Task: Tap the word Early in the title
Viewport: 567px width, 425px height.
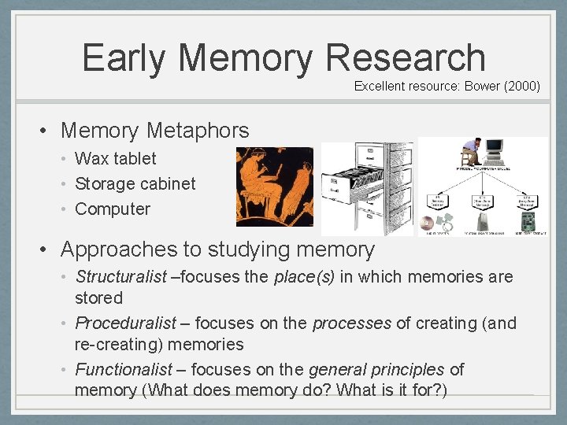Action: point(124,58)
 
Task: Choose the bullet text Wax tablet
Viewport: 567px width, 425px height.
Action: point(115,158)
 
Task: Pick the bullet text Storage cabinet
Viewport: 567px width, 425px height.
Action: point(135,183)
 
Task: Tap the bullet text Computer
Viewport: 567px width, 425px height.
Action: point(112,209)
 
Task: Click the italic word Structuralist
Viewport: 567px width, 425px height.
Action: point(120,277)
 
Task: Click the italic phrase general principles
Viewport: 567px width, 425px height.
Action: point(376,369)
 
